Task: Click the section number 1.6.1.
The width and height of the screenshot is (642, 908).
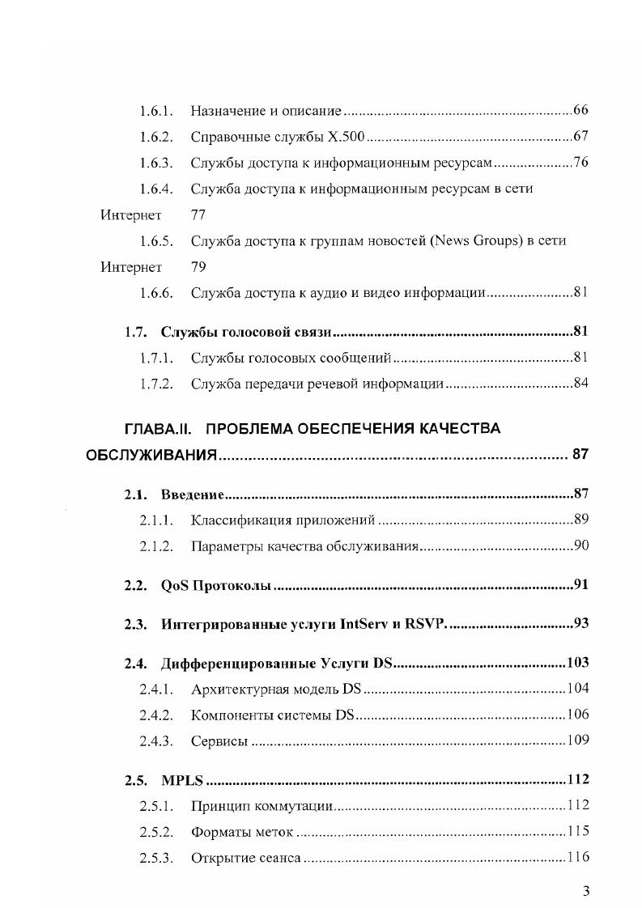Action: [x=156, y=110]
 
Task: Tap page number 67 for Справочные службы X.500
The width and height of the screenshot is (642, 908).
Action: [x=580, y=136]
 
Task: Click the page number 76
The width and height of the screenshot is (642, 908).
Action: [x=580, y=163]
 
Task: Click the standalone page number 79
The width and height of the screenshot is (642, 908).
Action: [x=198, y=267]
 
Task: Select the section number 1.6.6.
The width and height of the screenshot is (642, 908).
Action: [x=156, y=293]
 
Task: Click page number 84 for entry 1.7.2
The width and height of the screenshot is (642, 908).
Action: [x=580, y=384]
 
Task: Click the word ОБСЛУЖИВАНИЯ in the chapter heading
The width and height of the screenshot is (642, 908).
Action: [x=151, y=456]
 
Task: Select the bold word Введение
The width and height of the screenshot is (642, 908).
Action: [x=192, y=494]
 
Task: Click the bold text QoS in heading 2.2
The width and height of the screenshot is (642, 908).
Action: [x=175, y=585]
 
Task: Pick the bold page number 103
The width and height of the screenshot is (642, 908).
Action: [x=577, y=664]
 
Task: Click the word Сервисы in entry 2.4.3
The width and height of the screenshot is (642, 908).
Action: [x=219, y=740]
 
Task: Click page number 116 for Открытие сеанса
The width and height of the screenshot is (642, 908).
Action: [x=577, y=858]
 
